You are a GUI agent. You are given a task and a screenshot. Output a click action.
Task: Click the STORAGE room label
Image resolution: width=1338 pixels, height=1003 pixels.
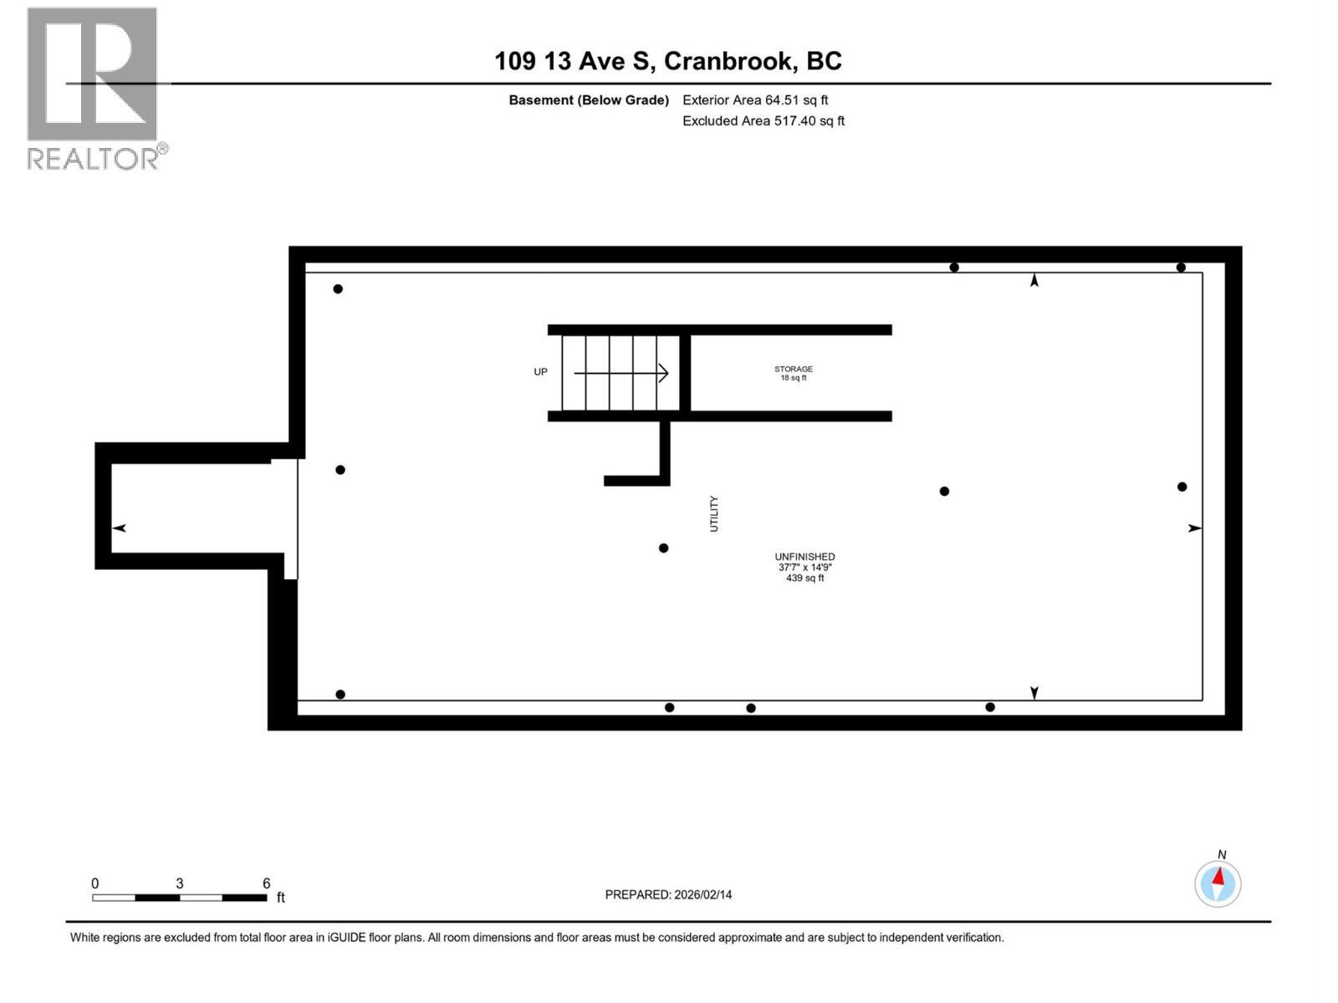793,369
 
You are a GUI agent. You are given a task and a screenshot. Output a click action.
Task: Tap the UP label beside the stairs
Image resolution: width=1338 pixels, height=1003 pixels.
540,372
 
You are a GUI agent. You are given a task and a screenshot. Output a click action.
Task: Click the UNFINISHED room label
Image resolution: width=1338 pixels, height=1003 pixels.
804,557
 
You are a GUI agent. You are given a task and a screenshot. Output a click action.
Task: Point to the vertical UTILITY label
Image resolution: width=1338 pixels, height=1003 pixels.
714,513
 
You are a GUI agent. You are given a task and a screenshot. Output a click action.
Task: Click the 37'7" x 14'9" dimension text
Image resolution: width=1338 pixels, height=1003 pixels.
804,568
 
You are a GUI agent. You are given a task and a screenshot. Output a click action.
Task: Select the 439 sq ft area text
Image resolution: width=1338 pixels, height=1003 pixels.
804,578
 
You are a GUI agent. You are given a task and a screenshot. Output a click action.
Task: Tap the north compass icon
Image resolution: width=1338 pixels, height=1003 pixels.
1218,883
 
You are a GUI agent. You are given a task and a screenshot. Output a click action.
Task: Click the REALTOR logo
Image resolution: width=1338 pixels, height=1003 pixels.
94,88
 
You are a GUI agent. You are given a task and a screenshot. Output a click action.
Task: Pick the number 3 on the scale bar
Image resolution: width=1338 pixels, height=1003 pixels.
179,883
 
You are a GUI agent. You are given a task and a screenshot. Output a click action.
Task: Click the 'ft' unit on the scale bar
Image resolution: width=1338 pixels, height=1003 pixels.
281,898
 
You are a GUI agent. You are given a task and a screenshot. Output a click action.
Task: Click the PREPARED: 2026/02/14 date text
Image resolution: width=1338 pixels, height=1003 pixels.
668,894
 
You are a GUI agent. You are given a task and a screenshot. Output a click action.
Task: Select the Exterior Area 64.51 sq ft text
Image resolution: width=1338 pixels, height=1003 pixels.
755,100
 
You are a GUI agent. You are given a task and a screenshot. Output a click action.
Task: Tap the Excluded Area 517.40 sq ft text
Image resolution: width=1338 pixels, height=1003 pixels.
763,121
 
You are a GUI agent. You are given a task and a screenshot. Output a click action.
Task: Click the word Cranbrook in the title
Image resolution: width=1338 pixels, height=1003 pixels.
729,61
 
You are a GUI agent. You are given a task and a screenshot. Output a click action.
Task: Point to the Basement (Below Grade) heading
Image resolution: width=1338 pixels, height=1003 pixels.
589,100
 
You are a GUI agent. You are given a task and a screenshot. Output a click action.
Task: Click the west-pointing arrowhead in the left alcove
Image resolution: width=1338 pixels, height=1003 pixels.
120,528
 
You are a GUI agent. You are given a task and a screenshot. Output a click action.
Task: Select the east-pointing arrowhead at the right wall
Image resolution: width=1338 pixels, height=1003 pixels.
1195,528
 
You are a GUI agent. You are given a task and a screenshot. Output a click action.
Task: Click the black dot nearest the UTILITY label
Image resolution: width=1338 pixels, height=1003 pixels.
663,548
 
